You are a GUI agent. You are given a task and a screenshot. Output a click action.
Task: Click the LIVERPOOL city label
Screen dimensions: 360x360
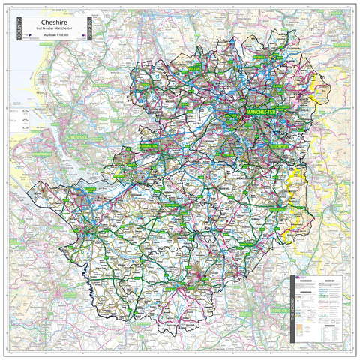point(77,139)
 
